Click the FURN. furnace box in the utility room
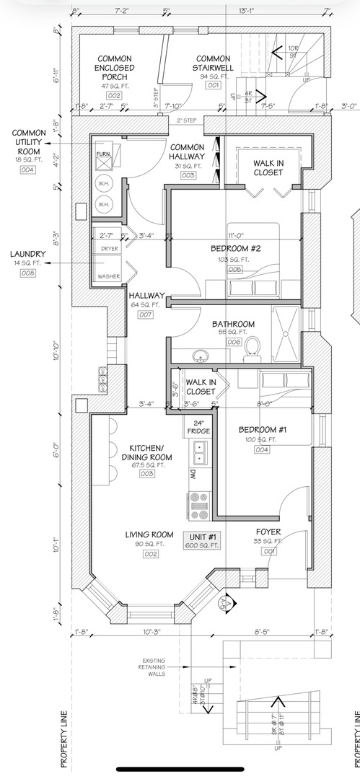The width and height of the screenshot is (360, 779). [x=102, y=154]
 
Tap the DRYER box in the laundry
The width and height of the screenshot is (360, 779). [x=109, y=248]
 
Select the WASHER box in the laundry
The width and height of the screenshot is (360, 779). [x=109, y=276]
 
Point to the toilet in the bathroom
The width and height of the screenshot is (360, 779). [x=253, y=348]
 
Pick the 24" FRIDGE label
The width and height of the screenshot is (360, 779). [x=198, y=427]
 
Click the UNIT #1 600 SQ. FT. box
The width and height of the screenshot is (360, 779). [x=203, y=541]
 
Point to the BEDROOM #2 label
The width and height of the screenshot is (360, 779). [x=234, y=248]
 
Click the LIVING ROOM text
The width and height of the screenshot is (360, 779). [x=149, y=534]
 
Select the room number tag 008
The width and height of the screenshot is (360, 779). [x=28, y=273]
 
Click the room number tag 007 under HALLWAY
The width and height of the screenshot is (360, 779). [x=145, y=314]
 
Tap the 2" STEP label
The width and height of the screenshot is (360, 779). [x=187, y=120]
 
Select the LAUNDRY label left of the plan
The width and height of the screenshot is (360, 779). [x=28, y=254]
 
